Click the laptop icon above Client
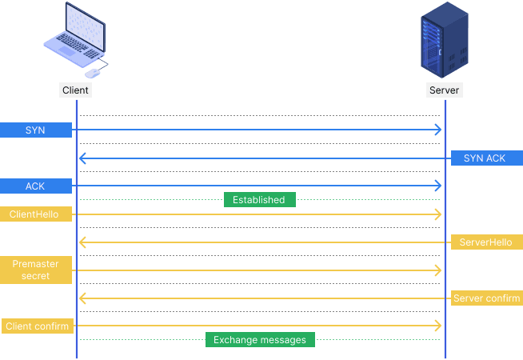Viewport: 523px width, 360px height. pyautogui.click(x=74, y=36)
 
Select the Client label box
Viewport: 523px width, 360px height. pyautogui.click(x=75, y=90)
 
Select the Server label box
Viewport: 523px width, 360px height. pyautogui.click(x=444, y=90)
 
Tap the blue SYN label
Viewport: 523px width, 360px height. pyautogui.click(x=35, y=130)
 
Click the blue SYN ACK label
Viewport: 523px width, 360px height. pyautogui.click(x=485, y=158)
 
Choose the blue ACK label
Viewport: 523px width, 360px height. pyautogui.click(x=35, y=186)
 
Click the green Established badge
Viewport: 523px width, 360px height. pyautogui.click(x=259, y=200)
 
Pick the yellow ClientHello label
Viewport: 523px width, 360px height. pyautogui.click(x=35, y=214)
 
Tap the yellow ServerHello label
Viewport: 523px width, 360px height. pyautogui.click(x=485, y=242)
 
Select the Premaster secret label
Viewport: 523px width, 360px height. pyautogui.click(x=35, y=270)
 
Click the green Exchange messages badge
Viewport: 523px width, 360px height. pyautogui.click(x=260, y=340)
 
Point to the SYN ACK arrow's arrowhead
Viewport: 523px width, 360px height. pyautogui.click(x=82, y=158)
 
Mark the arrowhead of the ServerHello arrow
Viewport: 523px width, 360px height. pyautogui.click(x=82, y=242)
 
